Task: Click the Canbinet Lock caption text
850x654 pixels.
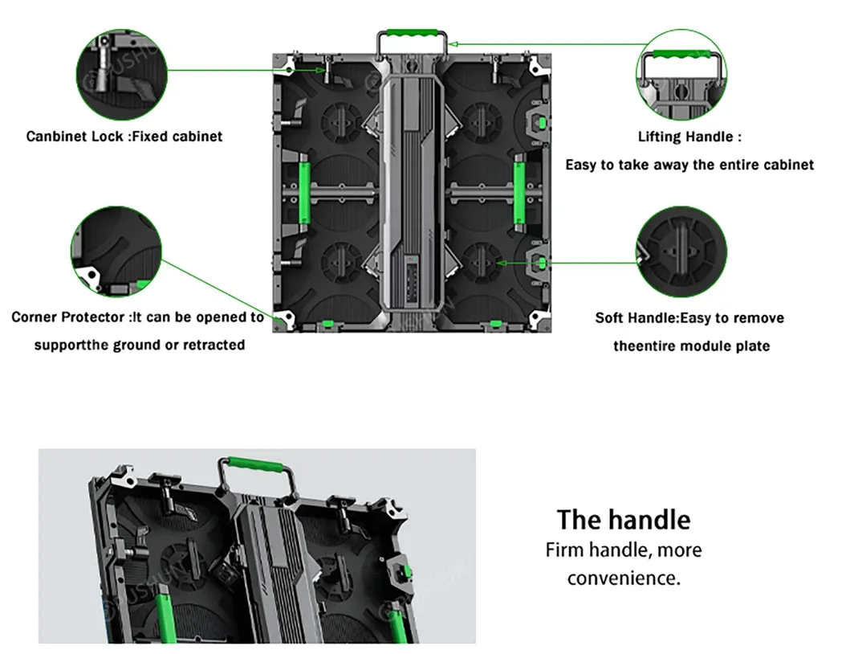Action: [124, 136]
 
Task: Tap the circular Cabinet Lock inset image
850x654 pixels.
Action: [120, 70]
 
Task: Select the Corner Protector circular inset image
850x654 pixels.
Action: [116, 251]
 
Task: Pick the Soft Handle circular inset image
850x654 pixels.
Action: [681, 251]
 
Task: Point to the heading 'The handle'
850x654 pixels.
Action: [623, 519]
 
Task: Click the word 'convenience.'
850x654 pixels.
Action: [623, 578]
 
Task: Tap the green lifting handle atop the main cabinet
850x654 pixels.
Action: [414, 35]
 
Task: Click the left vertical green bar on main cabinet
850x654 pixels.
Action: [305, 193]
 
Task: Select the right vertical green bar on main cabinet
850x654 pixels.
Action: [519, 193]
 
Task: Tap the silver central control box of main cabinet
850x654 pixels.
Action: [411, 193]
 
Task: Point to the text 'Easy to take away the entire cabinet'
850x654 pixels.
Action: [689, 165]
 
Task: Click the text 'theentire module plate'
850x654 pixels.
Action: [691, 346]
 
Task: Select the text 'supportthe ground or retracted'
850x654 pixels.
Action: [139, 345]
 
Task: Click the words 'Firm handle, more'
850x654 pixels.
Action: [623, 550]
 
